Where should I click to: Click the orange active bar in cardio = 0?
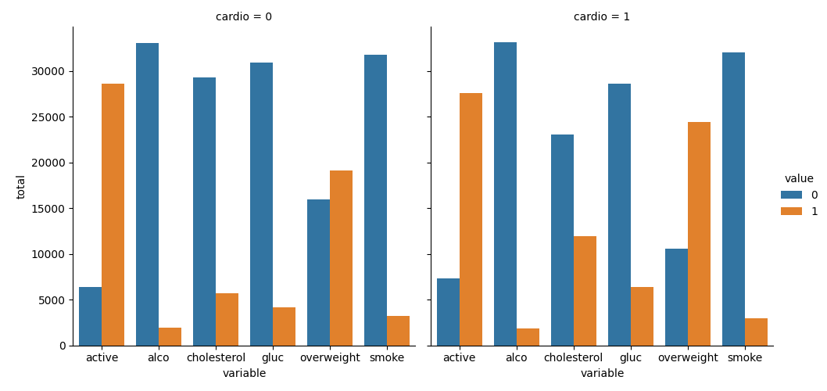click(113, 214)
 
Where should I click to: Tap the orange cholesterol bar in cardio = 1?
click(585, 291)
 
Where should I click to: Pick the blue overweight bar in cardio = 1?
click(676, 297)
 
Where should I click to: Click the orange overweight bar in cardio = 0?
click(341, 258)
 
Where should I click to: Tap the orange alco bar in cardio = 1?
click(528, 337)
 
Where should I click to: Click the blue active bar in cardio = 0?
click(90, 316)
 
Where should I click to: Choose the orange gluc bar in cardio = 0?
click(284, 326)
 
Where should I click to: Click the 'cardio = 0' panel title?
click(244, 17)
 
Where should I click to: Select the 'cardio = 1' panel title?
click(602, 17)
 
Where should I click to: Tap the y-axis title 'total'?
click(21, 186)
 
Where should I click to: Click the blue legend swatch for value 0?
click(791, 195)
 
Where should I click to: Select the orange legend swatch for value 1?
click(791, 211)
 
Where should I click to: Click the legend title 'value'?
click(799, 178)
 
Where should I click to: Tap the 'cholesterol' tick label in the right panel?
click(573, 357)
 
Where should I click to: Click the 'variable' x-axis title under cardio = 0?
click(244, 374)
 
